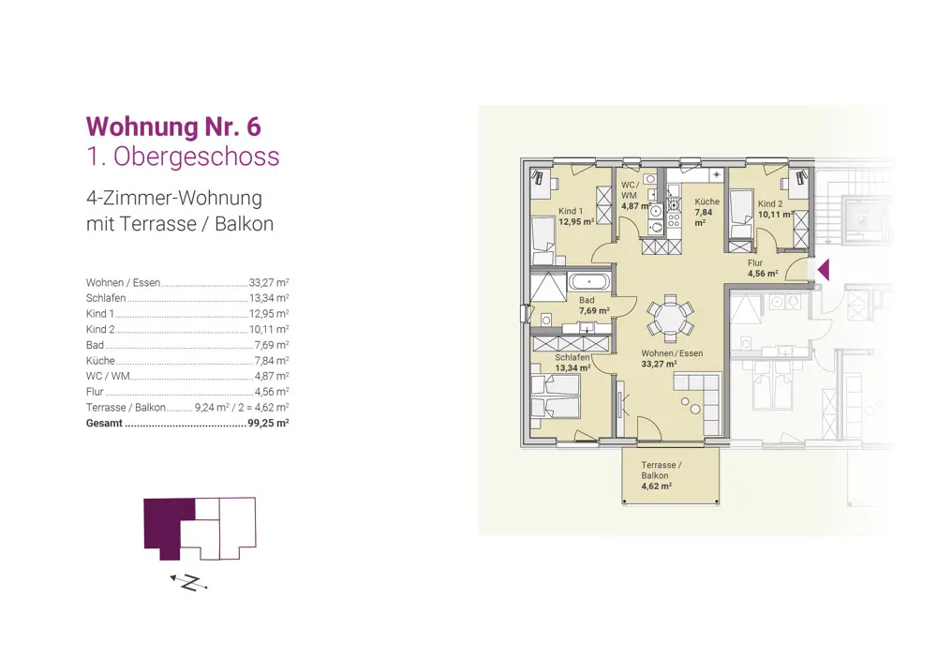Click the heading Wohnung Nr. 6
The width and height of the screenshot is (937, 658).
pyautogui.click(x=173, y=127)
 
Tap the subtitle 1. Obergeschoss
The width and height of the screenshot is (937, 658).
pyautogui.click(x=183, y=157)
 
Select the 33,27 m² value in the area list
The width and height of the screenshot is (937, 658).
pyautogui.click(x=269, y=282)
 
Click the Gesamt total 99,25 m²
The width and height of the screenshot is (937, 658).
pyautogui.click(x=268, y=423)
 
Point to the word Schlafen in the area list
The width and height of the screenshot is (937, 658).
pyautogui.click(x=106, y=298)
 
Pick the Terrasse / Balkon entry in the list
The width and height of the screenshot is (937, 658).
pyautogui.click(x=126, y=407)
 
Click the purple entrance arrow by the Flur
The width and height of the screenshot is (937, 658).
pyautogui.click(x=824, y=270)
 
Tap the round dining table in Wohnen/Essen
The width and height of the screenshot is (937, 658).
pyautogui.click(x=671, y=317)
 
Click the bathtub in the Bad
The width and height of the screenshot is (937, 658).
pyautogui.click(x=589, y=281)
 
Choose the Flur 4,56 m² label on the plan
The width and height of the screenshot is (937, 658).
pyautogui.click(x=763, y=268)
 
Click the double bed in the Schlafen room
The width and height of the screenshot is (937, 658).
pyautogui.click(x=555, y=400)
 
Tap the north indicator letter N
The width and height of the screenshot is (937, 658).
pyautogui.click(x=190, y=583)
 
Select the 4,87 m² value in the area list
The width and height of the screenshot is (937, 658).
pyautogui.click(x=272, y=376)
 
